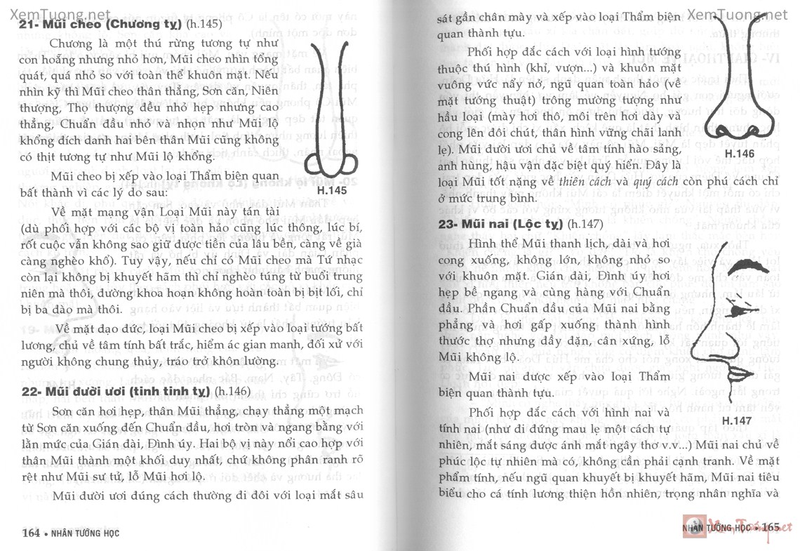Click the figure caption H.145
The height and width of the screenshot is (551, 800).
[x=332, y=190]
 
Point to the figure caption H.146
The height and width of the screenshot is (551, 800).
[x=739, y=153]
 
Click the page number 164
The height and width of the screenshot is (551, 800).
[x=30, y=533]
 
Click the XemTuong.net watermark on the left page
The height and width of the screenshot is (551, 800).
[x=56, y=13]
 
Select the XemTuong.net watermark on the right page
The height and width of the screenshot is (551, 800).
[x=737, y=14]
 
